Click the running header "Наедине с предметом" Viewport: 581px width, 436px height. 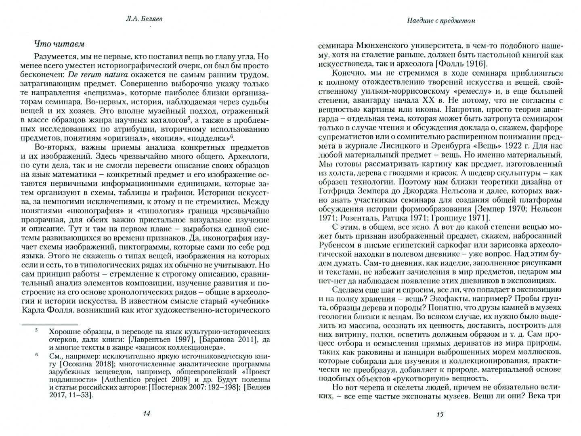[x=440, y=21]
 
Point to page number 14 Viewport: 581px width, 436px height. [x=147, y=413]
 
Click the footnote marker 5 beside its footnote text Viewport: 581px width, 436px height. [x=36, y=331]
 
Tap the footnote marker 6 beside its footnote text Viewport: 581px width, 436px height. [x=36, y=355]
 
